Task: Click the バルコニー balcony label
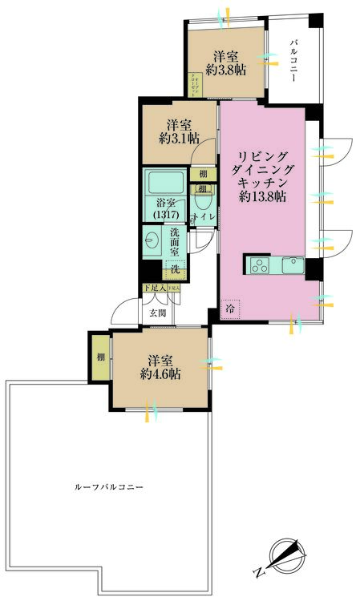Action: pyautogui.click(x=294, y=60)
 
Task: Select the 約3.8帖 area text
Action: pyautogui.click(x=225, y=71)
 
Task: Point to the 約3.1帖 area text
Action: pyautogui.click(x=178, y=139)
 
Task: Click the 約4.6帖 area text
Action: pyautogui.click(x=160, y=374)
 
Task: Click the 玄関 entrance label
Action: pyautogui.click(x=158, y=313)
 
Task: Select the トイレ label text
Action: pyautogui.click(x=201, y=217)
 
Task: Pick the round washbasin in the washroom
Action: pyautogui.click(x=152, y=238)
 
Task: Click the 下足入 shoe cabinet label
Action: pyautogui.click(x=154, y=288)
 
